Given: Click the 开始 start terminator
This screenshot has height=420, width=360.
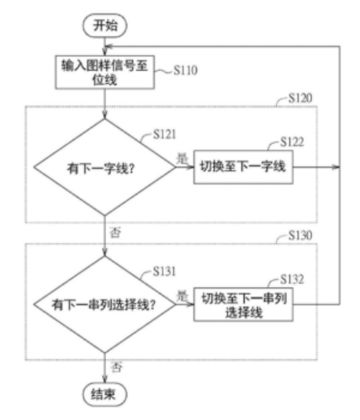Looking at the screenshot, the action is tap(105, 26).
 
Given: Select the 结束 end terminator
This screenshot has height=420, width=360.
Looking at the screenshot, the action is tap(105, 394).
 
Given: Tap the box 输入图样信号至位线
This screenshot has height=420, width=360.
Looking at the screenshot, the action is tap(105, 72).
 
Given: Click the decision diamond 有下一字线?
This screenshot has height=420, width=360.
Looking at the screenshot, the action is tap(105, 168).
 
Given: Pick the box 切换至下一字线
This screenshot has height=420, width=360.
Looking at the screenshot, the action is tap(244, 168).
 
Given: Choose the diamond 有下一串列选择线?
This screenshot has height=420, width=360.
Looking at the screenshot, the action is tap(105, 304).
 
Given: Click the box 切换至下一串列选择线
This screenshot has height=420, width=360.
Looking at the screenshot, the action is tap(244, 304).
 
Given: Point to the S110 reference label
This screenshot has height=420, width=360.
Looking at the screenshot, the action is tap(186, 70).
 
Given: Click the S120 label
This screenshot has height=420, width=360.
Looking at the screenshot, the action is tap(300, 98).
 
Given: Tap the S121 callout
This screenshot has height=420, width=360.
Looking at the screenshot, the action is tap(164, 134).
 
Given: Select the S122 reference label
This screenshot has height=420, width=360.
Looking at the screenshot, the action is tap(292, 142).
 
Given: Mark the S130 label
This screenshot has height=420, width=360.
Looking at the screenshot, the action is tap(300, 235).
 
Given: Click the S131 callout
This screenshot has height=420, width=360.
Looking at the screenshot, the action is tap(164, 271).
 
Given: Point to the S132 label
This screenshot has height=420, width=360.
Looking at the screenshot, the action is tap(292, 279).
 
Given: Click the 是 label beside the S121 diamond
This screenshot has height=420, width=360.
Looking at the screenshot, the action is tap(182, 158).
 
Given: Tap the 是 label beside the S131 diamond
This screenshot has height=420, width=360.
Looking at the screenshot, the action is tap(182, 296).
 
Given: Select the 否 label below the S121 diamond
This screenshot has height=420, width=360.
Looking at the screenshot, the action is tap(116, 233).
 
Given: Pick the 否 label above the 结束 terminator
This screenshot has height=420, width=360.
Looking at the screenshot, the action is tap(116, 367).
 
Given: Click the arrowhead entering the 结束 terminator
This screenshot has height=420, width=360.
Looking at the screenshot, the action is tap(105, 379).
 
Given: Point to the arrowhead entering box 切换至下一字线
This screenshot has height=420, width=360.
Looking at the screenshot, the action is tap(190, 168).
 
